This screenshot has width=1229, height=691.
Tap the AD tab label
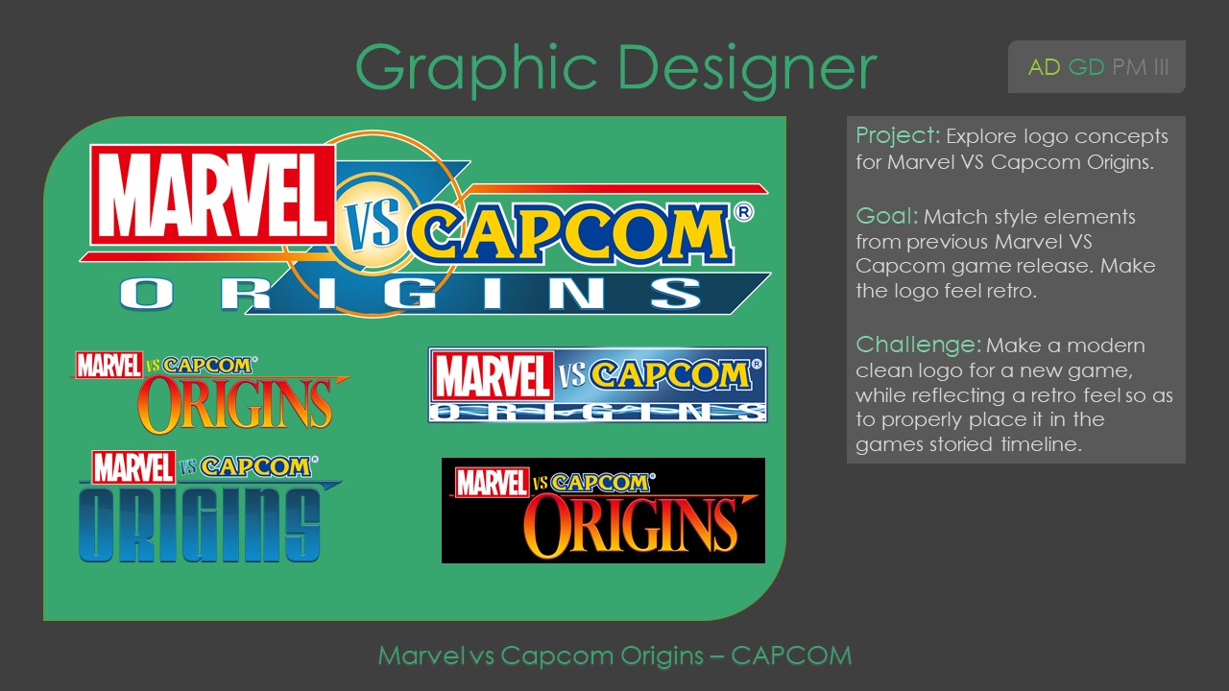[x=1045, y=67]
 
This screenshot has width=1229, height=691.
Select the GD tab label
[x=1086, y=67]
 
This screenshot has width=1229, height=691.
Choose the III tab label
[x=1160, y=67]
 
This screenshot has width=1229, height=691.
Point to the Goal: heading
[x=886, y=217]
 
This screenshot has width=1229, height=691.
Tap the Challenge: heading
[x=918, y=345]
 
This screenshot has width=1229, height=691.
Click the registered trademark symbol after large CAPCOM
[x=742, y=210]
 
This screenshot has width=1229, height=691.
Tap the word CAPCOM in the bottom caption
[x=791, y=656]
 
